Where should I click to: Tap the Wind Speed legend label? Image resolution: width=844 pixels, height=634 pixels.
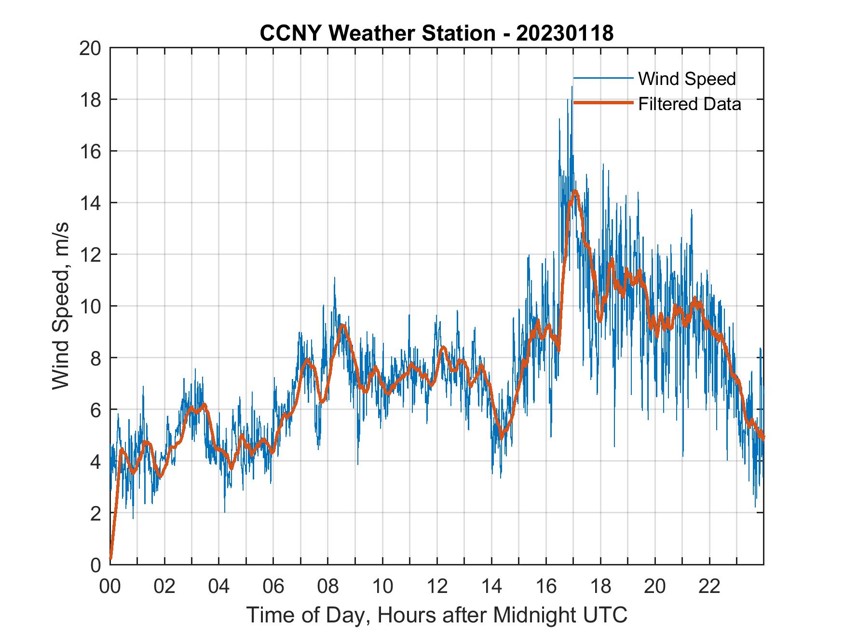coord(687,79)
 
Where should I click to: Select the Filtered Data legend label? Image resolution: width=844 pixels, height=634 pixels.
coord(689,104)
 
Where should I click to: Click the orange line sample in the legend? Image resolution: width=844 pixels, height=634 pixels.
coord(603,103)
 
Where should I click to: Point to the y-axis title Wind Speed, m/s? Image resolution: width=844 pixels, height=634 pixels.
coord(61,305)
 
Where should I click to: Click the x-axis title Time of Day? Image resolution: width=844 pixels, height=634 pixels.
coord(436,615)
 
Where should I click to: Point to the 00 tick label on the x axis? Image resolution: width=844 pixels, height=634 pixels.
coord(110,587)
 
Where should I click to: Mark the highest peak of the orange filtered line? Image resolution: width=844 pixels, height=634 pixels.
coord(574,192)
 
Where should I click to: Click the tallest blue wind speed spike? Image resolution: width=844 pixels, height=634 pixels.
coord(572,87)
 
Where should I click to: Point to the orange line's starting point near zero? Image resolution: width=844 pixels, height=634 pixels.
coord(111,558)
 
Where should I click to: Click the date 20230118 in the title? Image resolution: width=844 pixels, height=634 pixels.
coord(565,33)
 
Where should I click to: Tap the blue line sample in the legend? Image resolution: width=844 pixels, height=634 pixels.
coord(603,78)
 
